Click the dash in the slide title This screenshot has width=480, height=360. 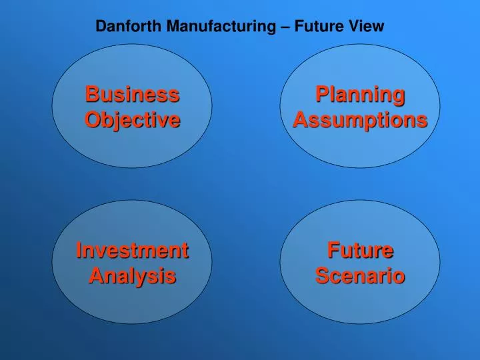coord(285,27)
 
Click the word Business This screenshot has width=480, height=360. coord(132,95)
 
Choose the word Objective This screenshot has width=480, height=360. coord(132,120)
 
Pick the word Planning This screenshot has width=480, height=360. coord(360,95)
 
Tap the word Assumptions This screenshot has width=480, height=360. coord(360,120)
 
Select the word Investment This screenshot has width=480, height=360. coord(132,251)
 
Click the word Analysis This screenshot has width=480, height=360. coord(132,275)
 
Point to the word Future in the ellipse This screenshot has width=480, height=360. coord(360,251)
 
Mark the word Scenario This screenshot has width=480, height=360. coord(360,275)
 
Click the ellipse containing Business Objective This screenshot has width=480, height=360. coord(132,147)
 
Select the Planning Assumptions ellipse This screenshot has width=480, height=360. coord(360,148)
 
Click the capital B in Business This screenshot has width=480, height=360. coord(91,95)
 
